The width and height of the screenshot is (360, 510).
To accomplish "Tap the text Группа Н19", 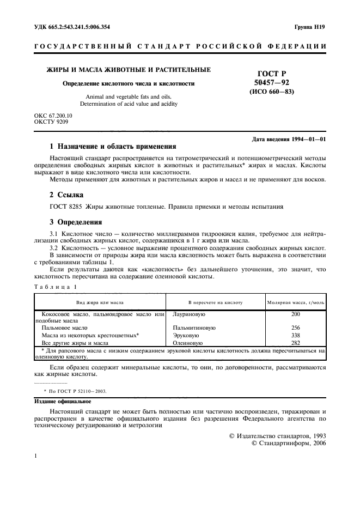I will point(309,27).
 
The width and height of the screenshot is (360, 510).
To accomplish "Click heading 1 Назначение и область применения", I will point(113,147).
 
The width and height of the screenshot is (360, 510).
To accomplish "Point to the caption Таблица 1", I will point(56,287).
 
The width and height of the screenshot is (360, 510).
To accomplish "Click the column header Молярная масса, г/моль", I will point(295,302).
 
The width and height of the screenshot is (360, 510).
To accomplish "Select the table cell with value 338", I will point(295,336).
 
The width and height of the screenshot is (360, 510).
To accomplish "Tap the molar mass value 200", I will point(295,314).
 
